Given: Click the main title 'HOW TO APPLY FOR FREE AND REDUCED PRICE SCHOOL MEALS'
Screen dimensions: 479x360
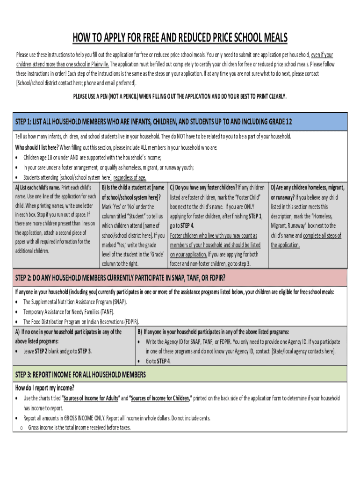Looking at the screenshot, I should [x=180, y=38].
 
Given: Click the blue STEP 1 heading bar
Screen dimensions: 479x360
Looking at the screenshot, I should [x=180, y=122].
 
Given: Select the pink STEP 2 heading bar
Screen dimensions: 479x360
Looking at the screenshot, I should [x=180, y=278].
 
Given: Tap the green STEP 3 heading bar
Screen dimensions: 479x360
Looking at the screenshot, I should [x=180, y=375].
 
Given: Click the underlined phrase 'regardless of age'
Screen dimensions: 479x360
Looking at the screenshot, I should [x=130, y=177].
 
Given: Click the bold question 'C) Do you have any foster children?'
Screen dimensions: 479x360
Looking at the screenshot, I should [x=203, y=188].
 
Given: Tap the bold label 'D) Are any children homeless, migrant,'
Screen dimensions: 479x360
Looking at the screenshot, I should [x=308, y=188].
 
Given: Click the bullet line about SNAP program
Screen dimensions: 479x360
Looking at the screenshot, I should [x=75, y=302].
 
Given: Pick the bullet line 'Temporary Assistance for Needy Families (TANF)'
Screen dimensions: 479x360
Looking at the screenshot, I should [x=69, y=312].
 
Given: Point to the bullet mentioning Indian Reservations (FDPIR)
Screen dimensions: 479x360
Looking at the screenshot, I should [x=81, y=321].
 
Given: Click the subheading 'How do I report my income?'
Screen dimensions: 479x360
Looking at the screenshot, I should [x=45, y=388].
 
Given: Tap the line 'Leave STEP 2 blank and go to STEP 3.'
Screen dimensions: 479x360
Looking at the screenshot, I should [x=58, y=351].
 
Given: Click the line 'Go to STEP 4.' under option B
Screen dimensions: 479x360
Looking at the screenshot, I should [x=158, y=361].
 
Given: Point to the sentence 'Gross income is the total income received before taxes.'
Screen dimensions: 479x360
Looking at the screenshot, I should [x=79, y=427].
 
